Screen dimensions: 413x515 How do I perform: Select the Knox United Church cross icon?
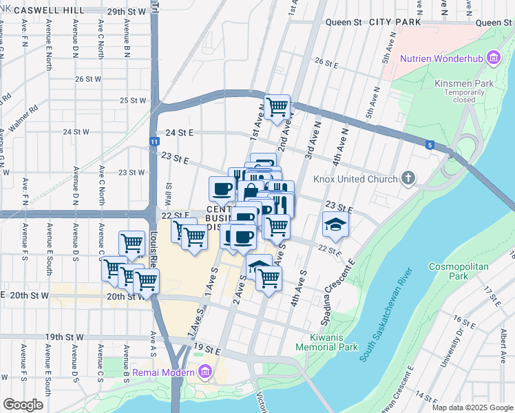tap(408, 179)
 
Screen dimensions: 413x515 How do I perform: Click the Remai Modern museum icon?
tap(204, 373)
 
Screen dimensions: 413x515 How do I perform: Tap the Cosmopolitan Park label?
tap(458, 271)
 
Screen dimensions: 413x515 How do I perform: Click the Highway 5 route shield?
tap(430, 145)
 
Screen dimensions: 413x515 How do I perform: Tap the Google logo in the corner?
tap(23, 404)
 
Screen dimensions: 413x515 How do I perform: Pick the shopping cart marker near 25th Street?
tap(277, 107)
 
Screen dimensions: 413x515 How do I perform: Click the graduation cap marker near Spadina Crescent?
tap(335, 224)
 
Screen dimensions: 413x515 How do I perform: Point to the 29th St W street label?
tap(127, 12)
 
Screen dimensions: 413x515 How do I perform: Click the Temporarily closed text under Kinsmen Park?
tap(469, 96)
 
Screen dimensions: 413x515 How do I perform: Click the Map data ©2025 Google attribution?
tap(472, 407)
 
